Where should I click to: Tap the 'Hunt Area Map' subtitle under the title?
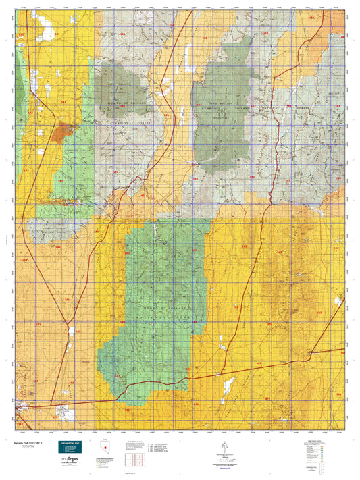(24, 446)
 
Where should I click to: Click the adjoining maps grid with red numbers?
(136, 460)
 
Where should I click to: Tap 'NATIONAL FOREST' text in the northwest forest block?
(120, 105)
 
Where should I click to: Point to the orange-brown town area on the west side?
(66, 129)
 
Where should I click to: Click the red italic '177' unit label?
(25, 261)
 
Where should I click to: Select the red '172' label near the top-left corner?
(20, 34)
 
